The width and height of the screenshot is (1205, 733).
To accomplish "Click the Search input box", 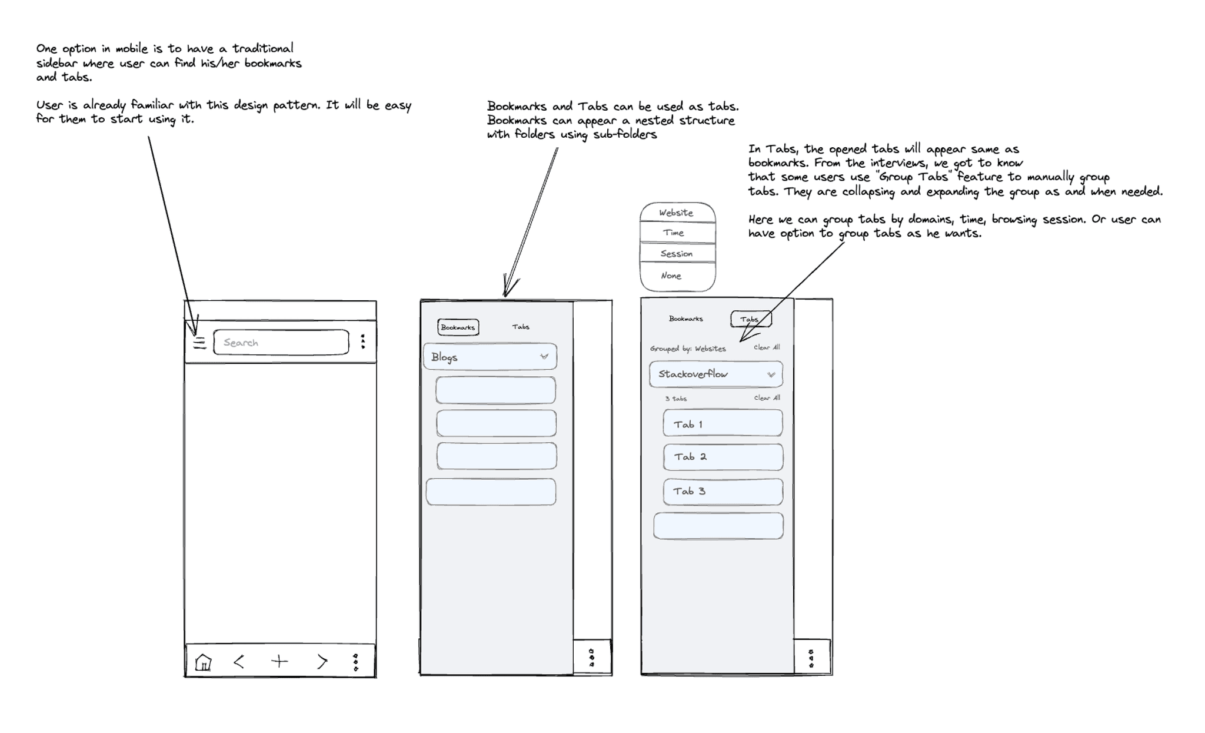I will pos(281,343).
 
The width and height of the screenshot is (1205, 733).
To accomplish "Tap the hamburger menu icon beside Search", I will pos(199,343).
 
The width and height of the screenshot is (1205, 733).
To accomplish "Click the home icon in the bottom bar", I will pos(203,662).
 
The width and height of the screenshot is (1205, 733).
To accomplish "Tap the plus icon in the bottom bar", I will pos(279,662).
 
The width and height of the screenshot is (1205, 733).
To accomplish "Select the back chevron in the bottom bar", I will pos(239,662).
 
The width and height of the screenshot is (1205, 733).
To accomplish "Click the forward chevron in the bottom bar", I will pos(322,662).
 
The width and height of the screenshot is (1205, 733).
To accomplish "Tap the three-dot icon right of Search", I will pos(363,341).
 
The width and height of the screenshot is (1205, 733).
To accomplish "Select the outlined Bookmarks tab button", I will pos(458,327).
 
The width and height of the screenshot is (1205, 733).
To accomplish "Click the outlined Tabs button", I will pos(750,319).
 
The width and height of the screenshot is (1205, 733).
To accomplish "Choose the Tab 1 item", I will pos(723,423).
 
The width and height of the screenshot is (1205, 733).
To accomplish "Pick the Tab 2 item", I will pos(723,457).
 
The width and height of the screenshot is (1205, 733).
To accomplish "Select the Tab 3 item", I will pos(723,492).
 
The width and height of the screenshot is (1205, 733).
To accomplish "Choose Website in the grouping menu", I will pos(677,213).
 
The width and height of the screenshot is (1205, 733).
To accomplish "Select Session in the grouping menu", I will pos(677,254).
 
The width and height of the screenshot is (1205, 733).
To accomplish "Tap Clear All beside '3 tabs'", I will pos(767,398).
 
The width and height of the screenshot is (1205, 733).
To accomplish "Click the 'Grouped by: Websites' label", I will pos(688,349).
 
